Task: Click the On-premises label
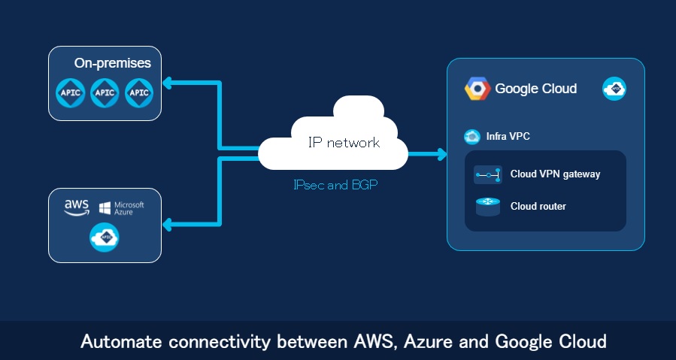[x=113, y=63]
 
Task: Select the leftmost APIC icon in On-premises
[x=71, y=93]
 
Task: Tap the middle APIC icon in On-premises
[x=105, y=93]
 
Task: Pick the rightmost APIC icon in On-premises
[x=139, y=93]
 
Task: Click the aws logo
[x=77, y=207]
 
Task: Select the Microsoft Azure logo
[x=122, y=207]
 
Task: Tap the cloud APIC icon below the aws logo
[x=105, y=237]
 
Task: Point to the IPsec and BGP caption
[x=334, y=184]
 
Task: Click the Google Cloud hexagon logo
[x=477, y=89]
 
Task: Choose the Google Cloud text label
[x=535, y=89]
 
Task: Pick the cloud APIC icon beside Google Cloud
[x=614, y=89]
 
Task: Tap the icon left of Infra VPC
[x=472, y=137]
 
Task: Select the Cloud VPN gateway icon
[x=487, y=174]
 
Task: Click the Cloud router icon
[x=487, y=206]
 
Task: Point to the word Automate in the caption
[x=118, y=342]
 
